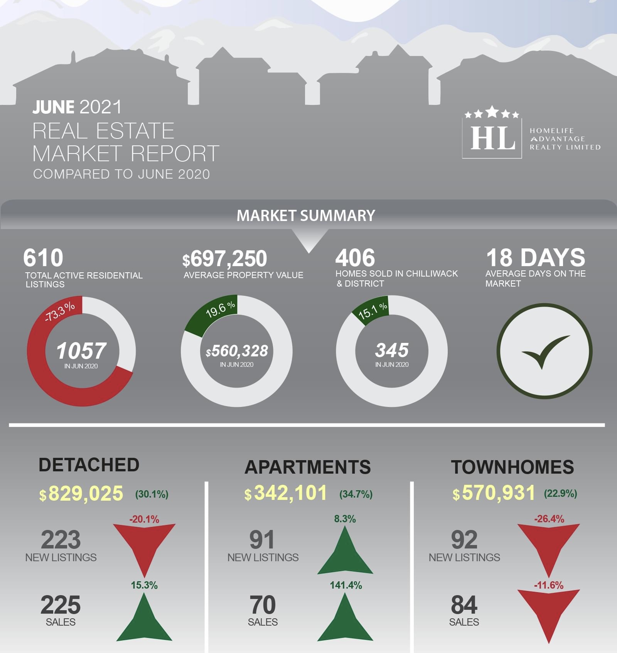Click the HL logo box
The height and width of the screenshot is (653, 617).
(492, 138)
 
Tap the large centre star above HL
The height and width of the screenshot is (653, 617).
(492, 112)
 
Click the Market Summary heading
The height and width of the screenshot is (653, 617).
(306, 216)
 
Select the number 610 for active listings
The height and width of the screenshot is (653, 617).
(43, 258)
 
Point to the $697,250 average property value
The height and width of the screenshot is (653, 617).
(225, 258)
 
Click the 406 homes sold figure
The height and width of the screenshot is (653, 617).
(355, 258)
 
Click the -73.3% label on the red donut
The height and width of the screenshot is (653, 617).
(60, 312)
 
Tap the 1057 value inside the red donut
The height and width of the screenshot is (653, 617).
(81, 351)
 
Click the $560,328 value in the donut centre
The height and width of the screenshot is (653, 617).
(237, 351)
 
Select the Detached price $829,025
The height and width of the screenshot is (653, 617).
(81, 493)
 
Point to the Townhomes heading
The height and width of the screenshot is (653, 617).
(512, 467)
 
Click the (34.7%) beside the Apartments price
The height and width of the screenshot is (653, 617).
(356, 494)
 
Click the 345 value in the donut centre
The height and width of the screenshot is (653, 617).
(392, 350)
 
